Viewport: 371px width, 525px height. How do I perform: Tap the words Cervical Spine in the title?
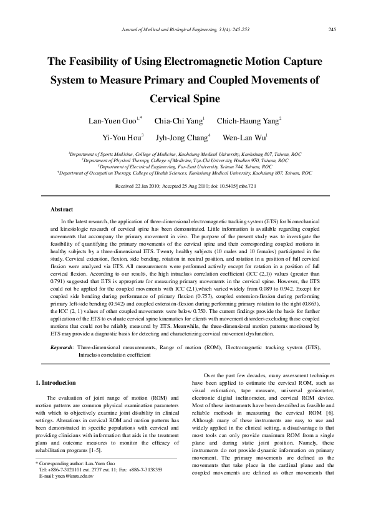185,99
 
